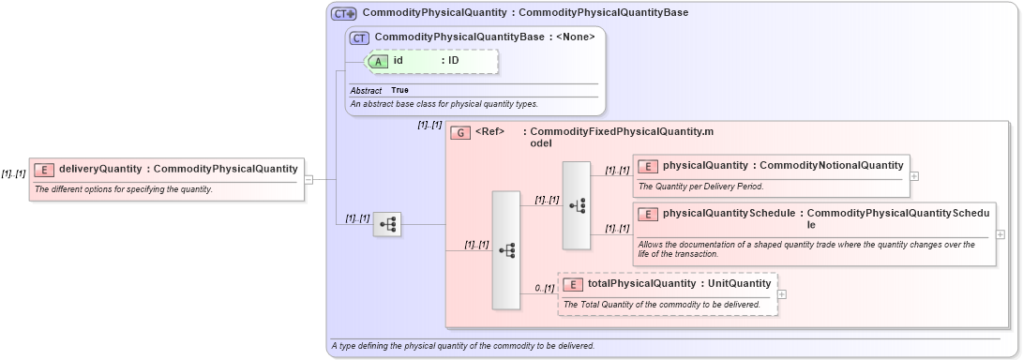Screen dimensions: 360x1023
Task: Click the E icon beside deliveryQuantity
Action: click(44, 169)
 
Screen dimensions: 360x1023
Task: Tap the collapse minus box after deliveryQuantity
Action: click(308, 178)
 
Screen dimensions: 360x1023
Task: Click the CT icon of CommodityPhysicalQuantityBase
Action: click(359, 37)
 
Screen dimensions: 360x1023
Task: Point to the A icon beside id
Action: click(379, 60)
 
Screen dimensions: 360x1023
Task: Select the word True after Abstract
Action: click(399, 90)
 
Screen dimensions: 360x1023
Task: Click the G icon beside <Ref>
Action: click(460, 132)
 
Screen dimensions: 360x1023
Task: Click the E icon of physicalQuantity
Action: click(648, 166)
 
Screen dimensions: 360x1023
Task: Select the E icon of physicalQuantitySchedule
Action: click(648, 214)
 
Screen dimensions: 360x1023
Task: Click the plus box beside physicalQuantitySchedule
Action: click(1000, 234)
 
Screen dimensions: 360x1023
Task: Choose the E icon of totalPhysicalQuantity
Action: click(573, 283)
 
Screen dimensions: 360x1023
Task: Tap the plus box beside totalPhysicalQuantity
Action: click(782, 293)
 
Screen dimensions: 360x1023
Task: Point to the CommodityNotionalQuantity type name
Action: click(831, 166)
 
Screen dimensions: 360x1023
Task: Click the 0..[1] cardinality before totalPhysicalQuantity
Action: click(544, 288)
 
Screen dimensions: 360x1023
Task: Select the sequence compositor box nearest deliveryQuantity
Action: click(387, 224)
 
